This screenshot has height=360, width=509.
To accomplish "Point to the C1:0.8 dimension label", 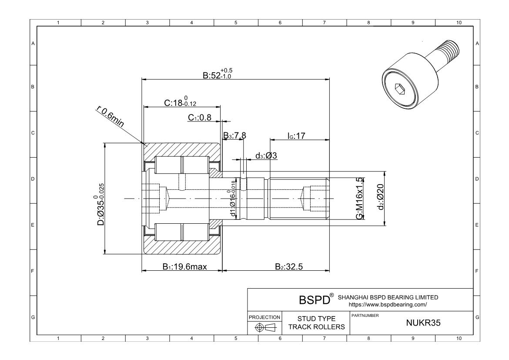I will [x=200, y=118].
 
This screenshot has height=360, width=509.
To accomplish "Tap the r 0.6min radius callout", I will [x=110, y=117].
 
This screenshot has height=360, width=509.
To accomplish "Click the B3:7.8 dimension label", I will [x=235, y=135].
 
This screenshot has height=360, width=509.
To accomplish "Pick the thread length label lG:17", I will [x=296, y=136].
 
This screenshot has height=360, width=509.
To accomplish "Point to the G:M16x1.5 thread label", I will [x=360, y=199].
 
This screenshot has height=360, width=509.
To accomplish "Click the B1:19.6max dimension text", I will [x=185, y=267].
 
